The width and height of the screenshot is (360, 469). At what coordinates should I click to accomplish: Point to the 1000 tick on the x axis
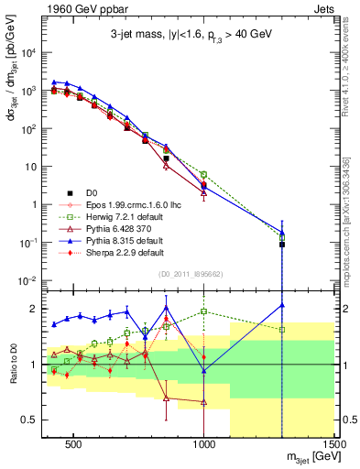tap(204, 443)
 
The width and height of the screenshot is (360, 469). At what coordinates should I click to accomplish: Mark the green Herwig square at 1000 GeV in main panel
tap(204, 174)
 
